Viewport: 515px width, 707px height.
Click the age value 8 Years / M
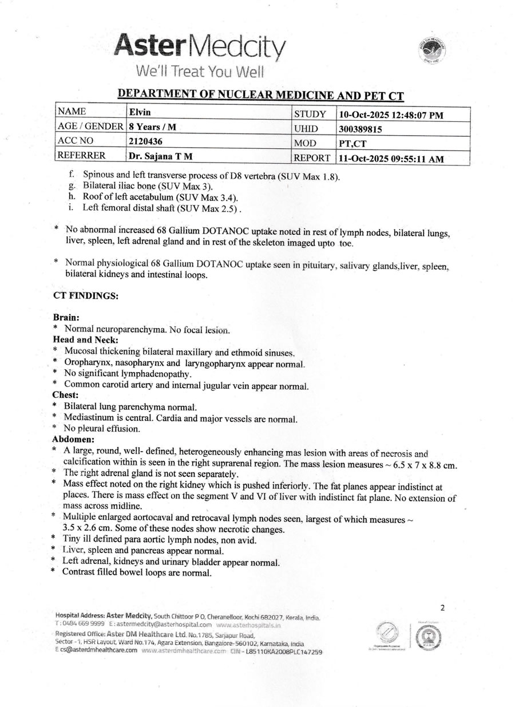coord(152,127)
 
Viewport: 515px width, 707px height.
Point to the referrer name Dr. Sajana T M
coord(160,155)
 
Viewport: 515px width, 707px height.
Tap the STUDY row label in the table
coord(310,114)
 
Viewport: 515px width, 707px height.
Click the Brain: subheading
coord(65,317)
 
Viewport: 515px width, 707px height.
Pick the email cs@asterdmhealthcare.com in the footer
coord(98,651)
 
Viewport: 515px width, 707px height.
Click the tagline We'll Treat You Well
coord(199,72)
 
